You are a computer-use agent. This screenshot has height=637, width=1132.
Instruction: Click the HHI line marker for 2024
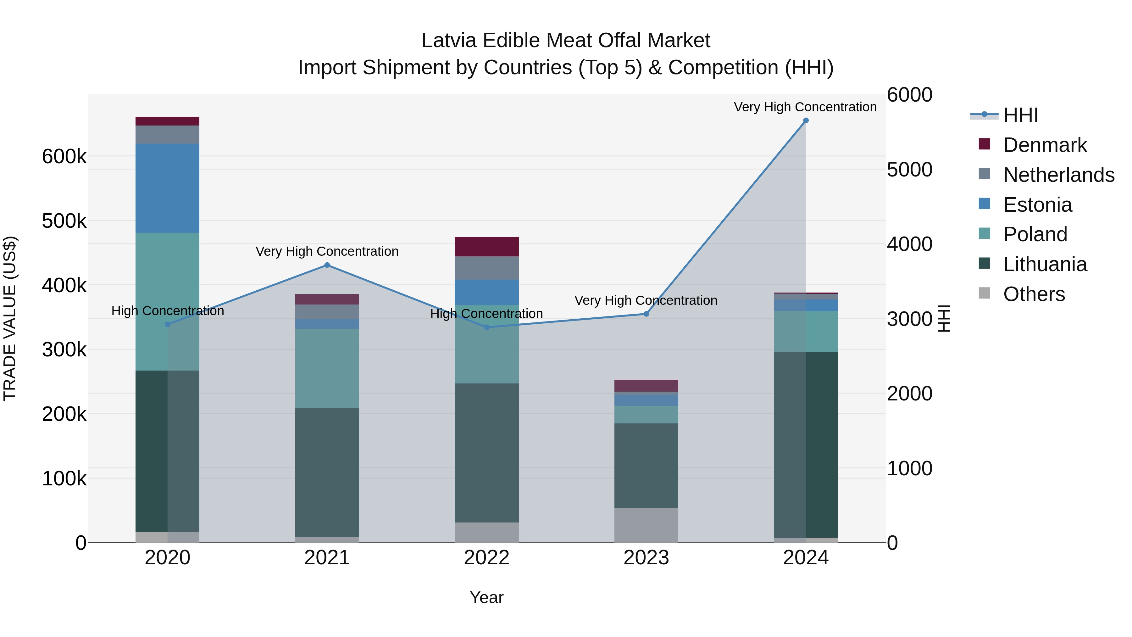[x=806, y=120]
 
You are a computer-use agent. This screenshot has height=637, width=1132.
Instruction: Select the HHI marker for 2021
[x=327, y=265]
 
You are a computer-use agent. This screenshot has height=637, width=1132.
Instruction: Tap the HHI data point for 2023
[x=646, y=314]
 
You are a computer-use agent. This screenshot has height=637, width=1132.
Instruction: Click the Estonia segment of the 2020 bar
[x=167, y=188]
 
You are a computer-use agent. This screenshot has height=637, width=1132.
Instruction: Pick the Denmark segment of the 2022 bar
[x=486, y=247]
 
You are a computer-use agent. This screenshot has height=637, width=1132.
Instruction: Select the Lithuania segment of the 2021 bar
[x=327, y=472]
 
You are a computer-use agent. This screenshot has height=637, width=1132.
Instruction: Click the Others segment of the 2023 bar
[x=646, y=525]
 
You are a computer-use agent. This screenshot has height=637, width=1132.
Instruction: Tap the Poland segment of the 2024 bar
[x=806, y=332]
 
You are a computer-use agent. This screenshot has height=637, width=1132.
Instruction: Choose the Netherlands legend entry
[x=1058, y=175]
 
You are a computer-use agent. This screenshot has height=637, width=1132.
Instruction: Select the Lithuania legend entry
[x=1045, y=264]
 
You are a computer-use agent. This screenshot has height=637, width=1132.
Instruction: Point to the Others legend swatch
[x=984, y=293]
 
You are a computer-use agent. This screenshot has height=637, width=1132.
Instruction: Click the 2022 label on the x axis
[x=486, y=558]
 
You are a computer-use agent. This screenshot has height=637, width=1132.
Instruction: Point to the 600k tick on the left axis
[x=64, y=157]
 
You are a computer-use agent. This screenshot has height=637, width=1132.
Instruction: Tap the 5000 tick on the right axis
[x=909, y=169]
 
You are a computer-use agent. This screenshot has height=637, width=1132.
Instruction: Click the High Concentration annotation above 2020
[x=167, y=311]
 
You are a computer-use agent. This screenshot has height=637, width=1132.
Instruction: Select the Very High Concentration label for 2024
[x=805, y=107]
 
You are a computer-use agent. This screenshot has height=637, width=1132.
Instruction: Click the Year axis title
[x=486, y=597]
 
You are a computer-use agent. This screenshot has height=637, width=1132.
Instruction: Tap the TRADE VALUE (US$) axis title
[x=10, y=318]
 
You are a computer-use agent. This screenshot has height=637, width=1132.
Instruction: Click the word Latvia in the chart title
[x=448, y=41]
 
